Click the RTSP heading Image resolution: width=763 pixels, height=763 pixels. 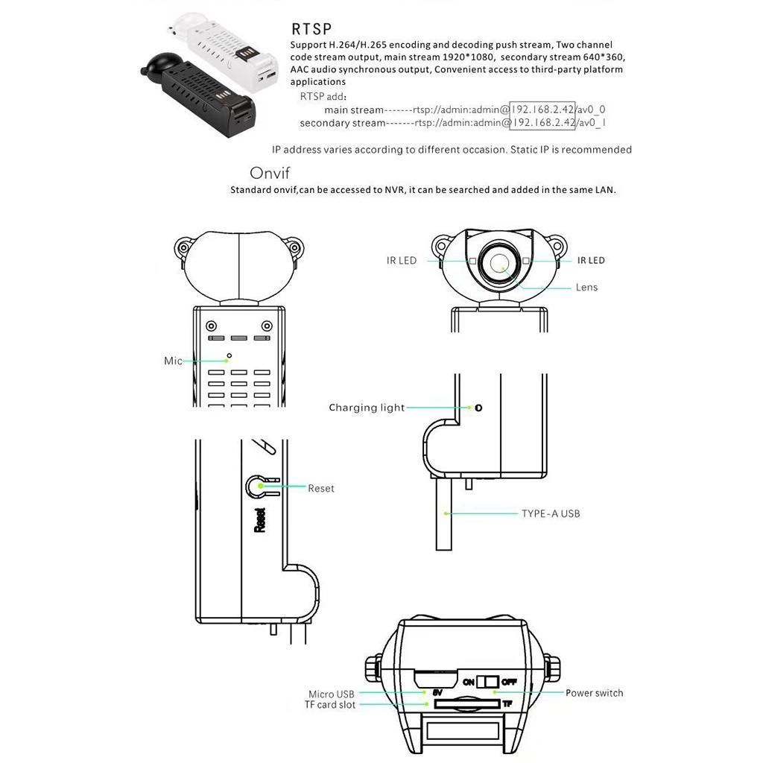pyautogui.click(x=311, y=30)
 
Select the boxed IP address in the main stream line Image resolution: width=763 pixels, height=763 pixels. pyautogui.click(x=543, y=109)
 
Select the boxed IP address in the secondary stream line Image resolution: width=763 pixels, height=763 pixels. pyautogui.click(x=543, y=122)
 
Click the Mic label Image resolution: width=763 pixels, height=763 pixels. pyautogui.click(x=173, y=361)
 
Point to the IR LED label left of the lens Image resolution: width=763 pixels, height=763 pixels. pyautogui.click(x=402, y=261)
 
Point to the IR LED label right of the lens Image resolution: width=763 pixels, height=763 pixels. pyautogui.click(x=591, y=261)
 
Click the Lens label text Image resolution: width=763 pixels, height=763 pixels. pyautogui.click(x=586, y=287)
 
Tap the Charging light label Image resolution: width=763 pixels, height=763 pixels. pyautogui.click(x=367, y=408)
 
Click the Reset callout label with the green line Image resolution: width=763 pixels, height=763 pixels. pyautogui.click(x=321, y=488)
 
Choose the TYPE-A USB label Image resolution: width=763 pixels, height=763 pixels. pyautogui.click(x=551, y=513)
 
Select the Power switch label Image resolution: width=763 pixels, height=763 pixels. pyautogui.click(x=594, y=693)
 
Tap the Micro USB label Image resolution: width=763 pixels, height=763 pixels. pyautogui.click(x=332, y=694)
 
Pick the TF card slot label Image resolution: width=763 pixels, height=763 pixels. pyautogui.click(x=330, y=705)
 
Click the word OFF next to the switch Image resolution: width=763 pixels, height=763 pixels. pyautogui.click(x=510, y=681)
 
